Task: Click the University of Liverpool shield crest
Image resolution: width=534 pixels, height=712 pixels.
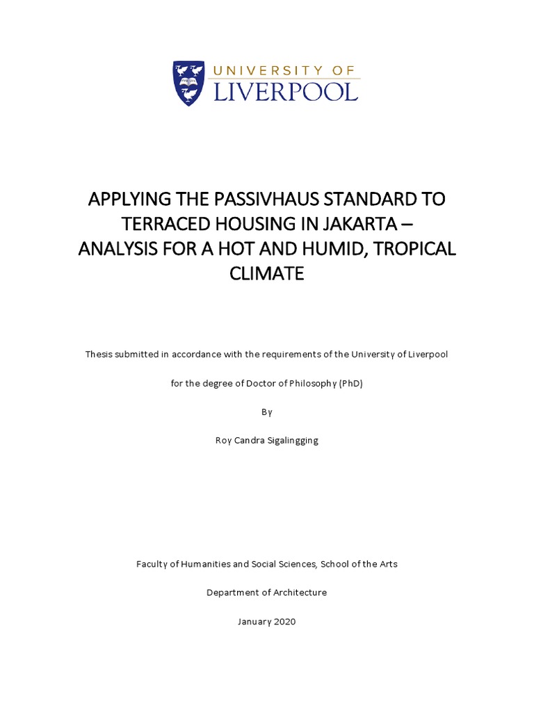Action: coord(188,83)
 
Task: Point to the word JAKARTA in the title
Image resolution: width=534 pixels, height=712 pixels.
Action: coord(364,224)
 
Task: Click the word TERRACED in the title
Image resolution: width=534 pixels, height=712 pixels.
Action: coord(161,224)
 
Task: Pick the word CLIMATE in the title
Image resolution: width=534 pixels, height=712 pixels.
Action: coord(267,274)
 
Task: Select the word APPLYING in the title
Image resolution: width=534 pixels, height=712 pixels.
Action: coord(129,199)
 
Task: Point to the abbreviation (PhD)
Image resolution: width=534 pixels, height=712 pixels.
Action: coord(351,383)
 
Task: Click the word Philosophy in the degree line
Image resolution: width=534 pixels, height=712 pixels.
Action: coord(314,383)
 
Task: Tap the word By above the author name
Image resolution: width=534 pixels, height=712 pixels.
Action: coord(267,412)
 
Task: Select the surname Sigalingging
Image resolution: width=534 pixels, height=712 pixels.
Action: coord(289,440)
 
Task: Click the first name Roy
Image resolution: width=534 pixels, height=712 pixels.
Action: coord(223,440)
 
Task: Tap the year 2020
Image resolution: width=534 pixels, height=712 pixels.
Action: coord(284,622)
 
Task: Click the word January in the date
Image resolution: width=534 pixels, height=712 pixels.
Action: coord(254,622)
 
